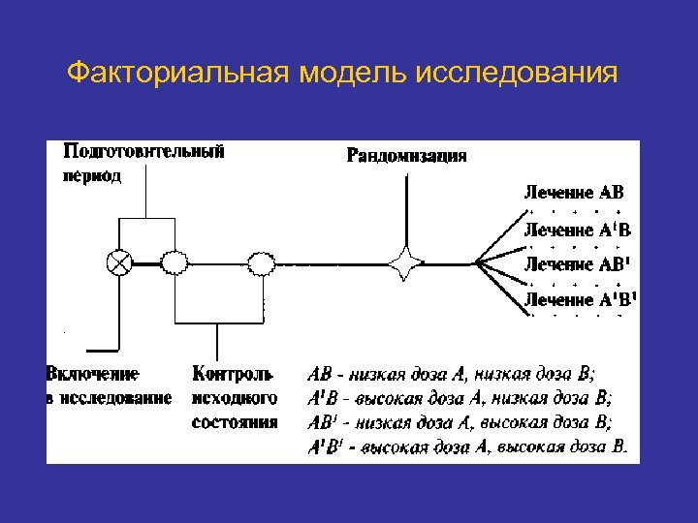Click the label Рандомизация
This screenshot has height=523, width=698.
(407, 155)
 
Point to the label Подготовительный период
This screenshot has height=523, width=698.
(144, 163)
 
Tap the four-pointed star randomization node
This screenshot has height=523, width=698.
(404, 261)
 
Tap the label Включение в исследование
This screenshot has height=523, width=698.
(109, 385)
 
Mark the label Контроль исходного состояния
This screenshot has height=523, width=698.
(235, 396)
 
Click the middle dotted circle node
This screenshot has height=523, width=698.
(175, 261)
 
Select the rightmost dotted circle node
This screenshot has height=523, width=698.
(262, 261)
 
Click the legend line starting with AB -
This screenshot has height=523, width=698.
(452, 373)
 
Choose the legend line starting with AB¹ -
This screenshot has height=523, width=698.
(460, 422)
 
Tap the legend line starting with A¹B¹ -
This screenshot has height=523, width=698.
(467, 446)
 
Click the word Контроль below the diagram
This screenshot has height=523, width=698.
(234, 373)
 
